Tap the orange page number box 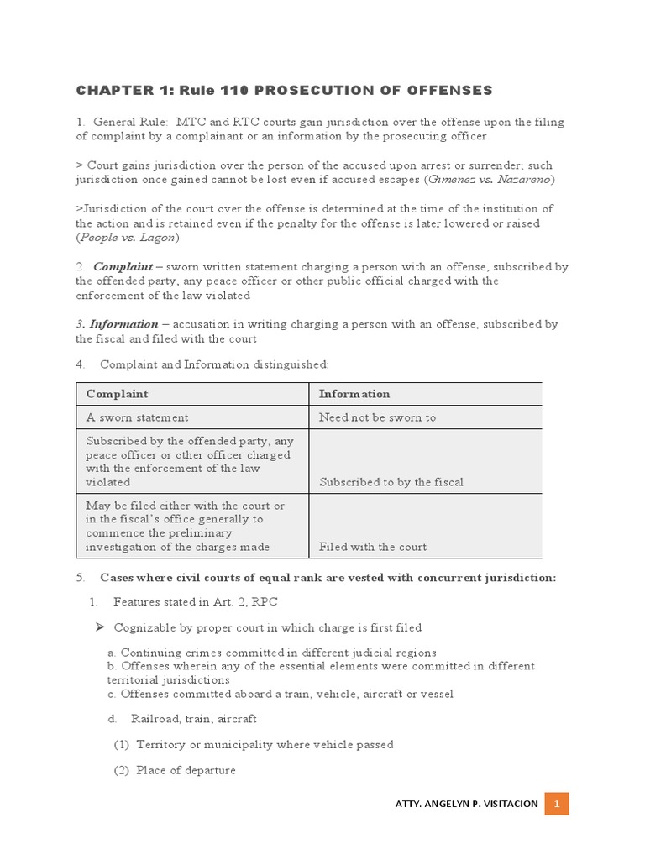pos(556,804)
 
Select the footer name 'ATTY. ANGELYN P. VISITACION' pos(466,804)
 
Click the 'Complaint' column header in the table pos(117,394)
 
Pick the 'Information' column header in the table pos(354,394)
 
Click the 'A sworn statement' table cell pos(137,417)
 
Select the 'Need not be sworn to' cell pos(377,417)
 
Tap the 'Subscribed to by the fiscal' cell pos(391,482)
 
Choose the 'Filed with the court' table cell pos(372,547)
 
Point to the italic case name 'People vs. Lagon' pos(128,238)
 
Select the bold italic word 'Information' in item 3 pos(123,324)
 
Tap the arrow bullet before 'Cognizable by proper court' pos(98,627)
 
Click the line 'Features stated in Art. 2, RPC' pos(195,602)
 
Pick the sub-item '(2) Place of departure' pos(175,770)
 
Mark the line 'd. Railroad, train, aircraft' pos(182,719)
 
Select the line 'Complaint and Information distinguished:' pos(214,364)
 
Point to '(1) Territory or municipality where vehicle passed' pos(254,745)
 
